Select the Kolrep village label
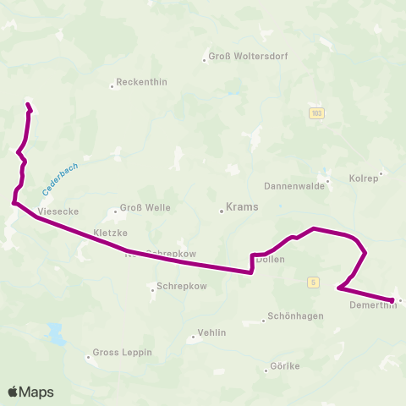364,178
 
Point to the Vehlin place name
211,333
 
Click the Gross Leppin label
122,352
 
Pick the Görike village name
285,366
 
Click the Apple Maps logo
30,392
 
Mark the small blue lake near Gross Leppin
57,334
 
